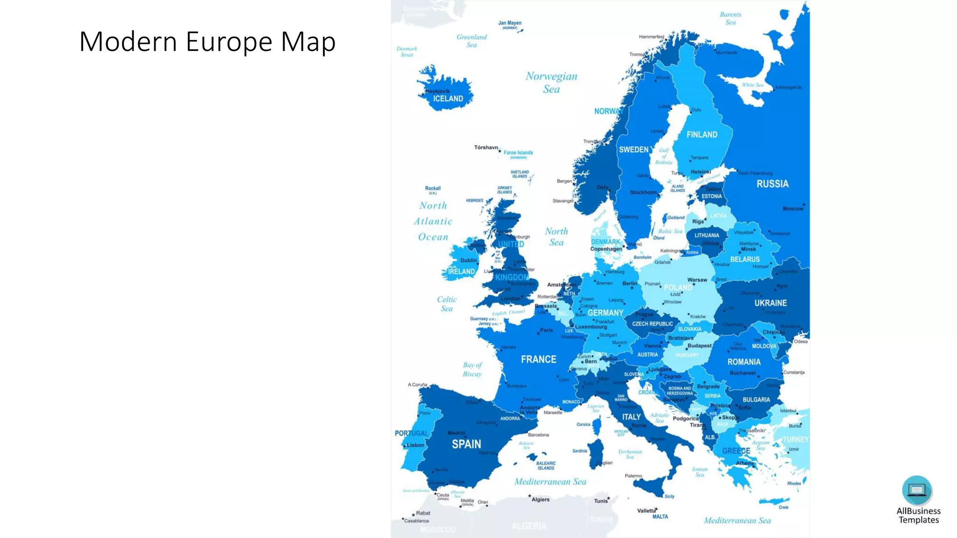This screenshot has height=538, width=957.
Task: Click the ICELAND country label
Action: (x=448, y=99)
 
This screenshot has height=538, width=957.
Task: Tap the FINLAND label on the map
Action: (x=701, y=134)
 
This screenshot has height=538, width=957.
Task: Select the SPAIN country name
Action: (x=466, y=444)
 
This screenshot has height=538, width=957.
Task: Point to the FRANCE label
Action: (x=538, y=359)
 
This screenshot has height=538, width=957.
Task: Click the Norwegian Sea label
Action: (x=551, y=82)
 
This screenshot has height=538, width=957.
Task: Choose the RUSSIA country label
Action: (x=772, y=184)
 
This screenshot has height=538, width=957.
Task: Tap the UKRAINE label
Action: (x=770, y=303)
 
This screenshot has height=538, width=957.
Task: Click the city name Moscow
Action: (x=793, y=209)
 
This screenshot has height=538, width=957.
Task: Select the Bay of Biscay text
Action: (x=472, y=369)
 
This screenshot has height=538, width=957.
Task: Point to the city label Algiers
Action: (x=540, y=500)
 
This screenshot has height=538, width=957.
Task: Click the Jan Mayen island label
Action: (x=509, y=23)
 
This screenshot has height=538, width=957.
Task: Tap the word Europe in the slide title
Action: (x=229, y=42)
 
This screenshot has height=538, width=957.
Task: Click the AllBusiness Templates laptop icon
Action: (x=916, y=490)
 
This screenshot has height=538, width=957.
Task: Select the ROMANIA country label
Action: (x=743, y=362)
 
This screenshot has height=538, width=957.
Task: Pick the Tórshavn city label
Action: (x=486, y=148)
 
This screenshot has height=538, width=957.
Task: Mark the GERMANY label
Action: (x=605, y=313)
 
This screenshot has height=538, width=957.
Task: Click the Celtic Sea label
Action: (x=447, y=304)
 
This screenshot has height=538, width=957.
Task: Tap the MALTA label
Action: (x=660, y=517)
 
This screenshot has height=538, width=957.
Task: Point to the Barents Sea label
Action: (x=730, y=18)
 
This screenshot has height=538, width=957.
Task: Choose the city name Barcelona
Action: (x=538, y=435)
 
